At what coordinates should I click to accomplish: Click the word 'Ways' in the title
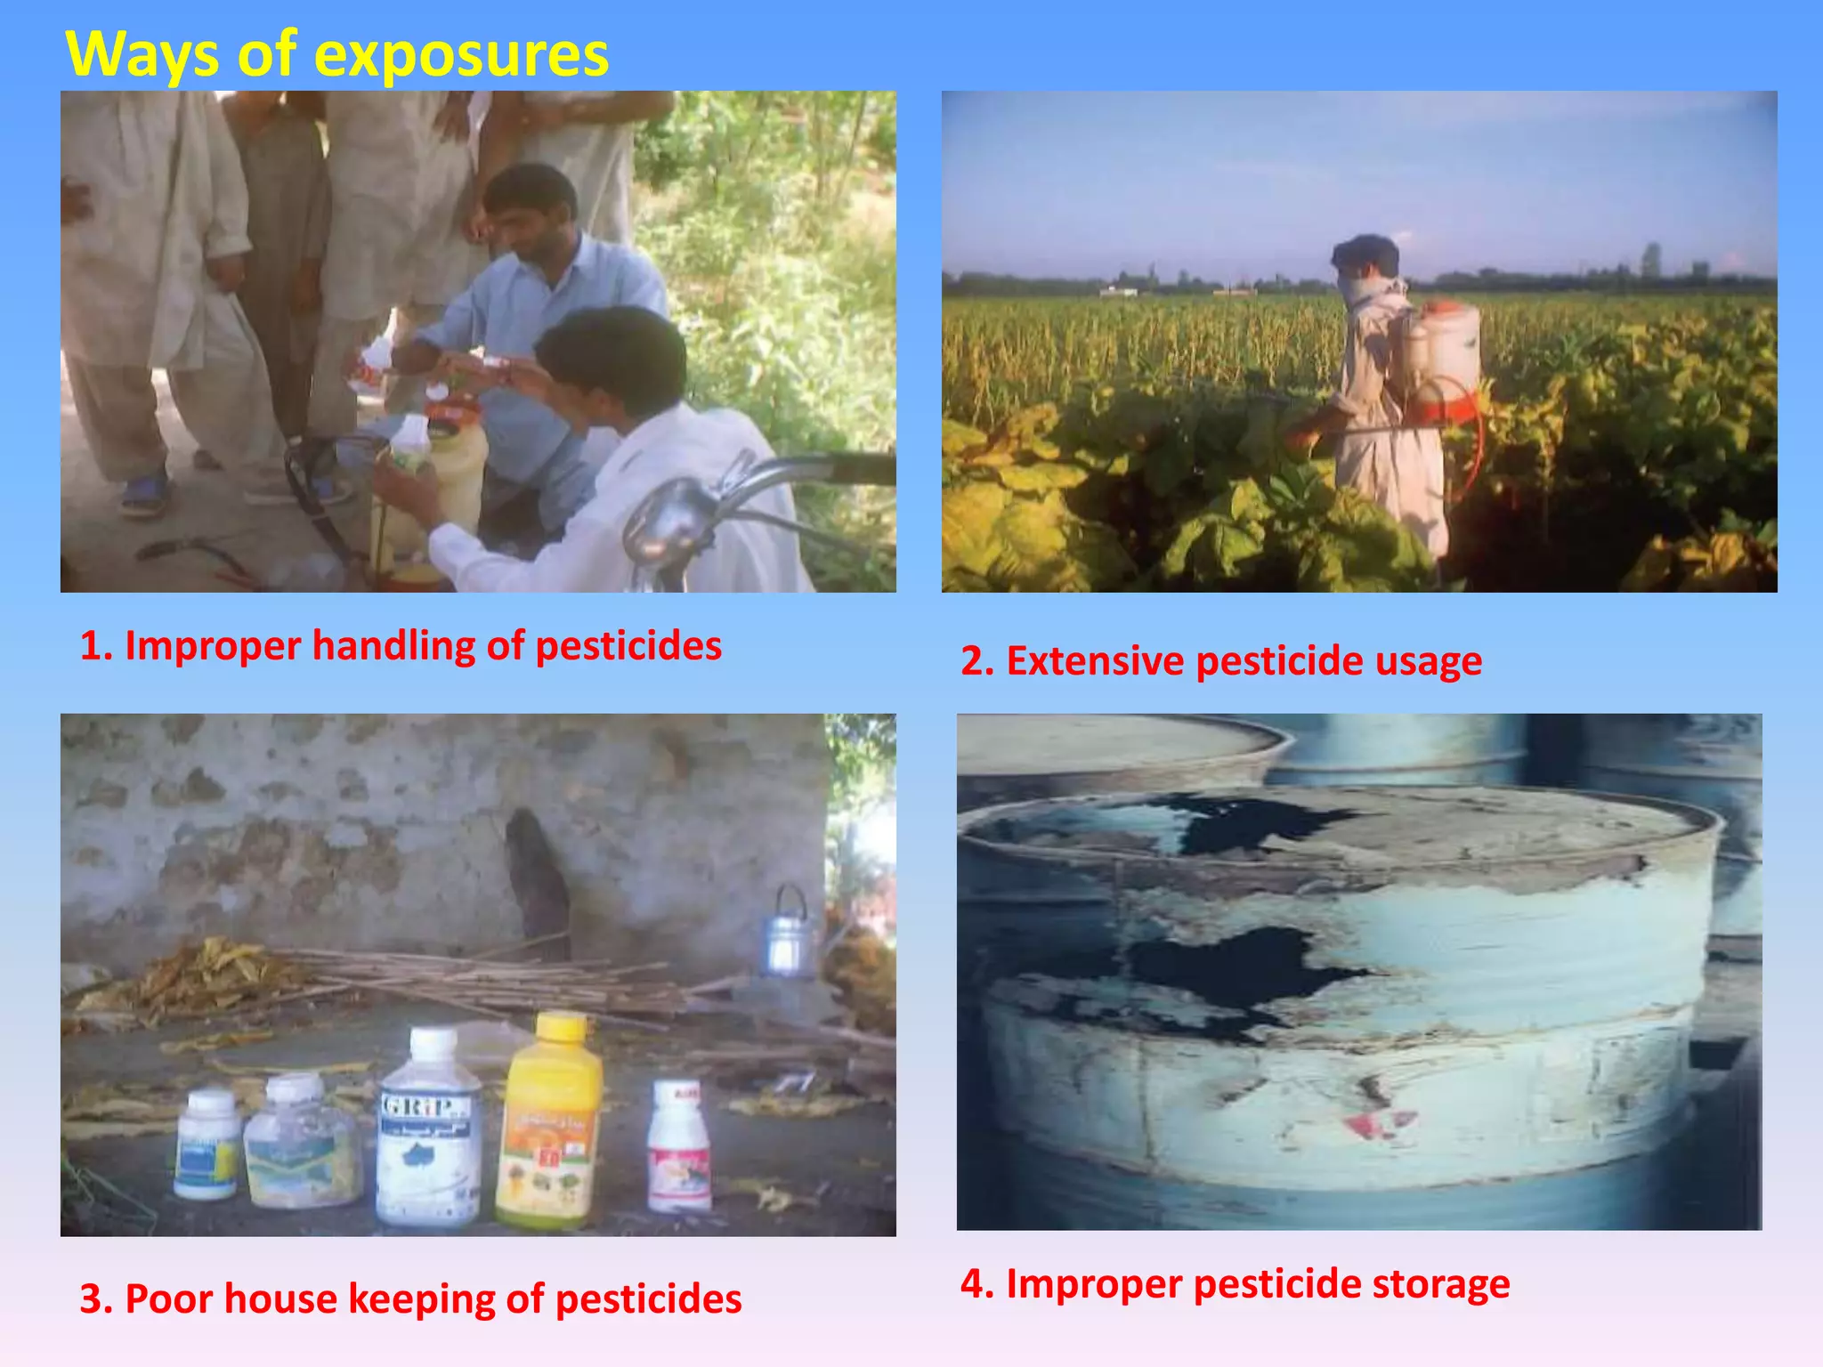tap(142, 55)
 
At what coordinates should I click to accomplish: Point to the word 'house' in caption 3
tap(280, 1299)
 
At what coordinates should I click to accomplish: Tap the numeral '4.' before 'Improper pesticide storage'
tap(976, 1284)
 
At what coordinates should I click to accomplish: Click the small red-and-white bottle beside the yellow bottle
tap(678, 1148)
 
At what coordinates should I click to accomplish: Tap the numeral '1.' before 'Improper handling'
tap(95, 646)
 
